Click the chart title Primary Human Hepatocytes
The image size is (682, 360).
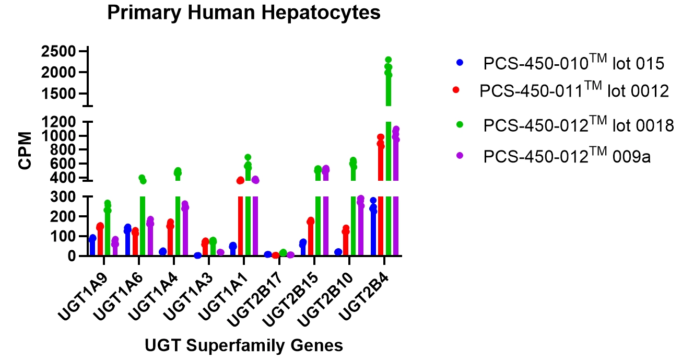click(x=244, y=13)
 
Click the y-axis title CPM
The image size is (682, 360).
click(x=25, y=151)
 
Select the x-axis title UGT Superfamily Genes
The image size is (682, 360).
click(x=244, y=345)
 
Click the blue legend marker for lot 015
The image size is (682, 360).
click(x=460, y=62)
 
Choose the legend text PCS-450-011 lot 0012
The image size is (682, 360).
click(x=574, y=90)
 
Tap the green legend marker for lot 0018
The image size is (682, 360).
click(x=460, y=125)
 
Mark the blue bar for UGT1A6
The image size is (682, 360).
click(x=128, y=243)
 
